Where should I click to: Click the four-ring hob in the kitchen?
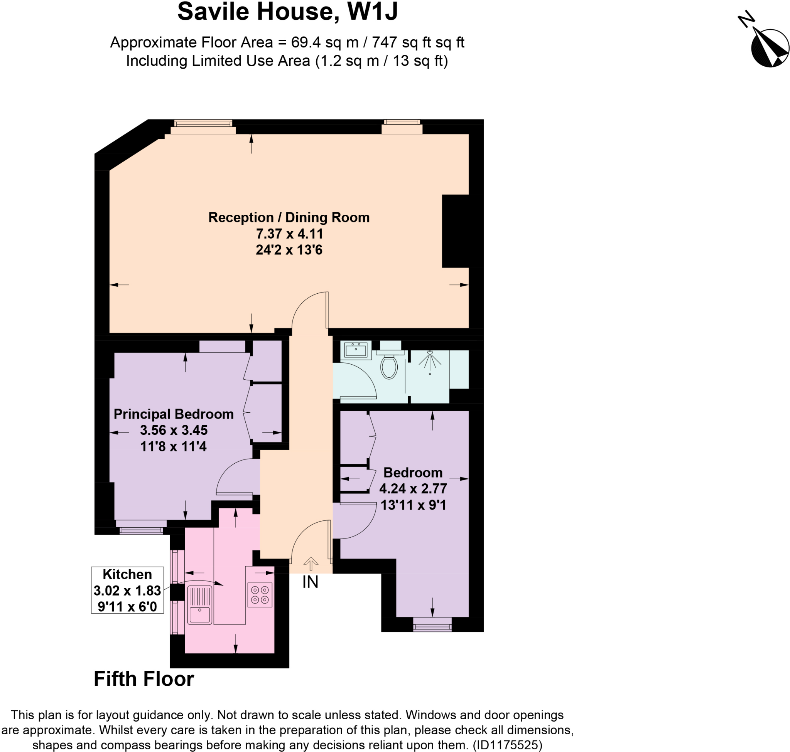tap(260, 594)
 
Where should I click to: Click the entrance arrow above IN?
tap(311, 564)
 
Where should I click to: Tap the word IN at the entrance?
tap(310, 582)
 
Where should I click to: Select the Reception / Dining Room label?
tap(289, 217)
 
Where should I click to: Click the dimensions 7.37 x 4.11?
tap(289, 234)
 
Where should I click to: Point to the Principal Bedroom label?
tap(173, 414)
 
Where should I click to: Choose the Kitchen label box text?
tap(127, 574)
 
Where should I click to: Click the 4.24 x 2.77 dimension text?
tap(413, 489)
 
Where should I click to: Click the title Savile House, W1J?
tap(288, 12)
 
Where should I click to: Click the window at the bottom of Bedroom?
tap(432, 624)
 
